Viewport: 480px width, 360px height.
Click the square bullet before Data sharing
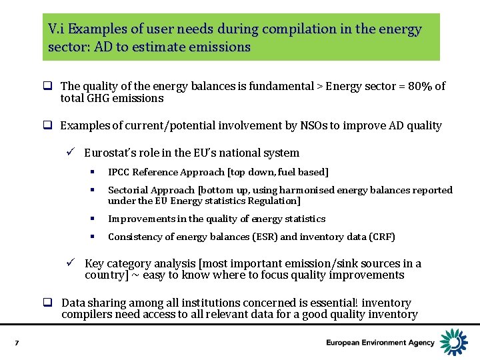pos(49,303)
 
